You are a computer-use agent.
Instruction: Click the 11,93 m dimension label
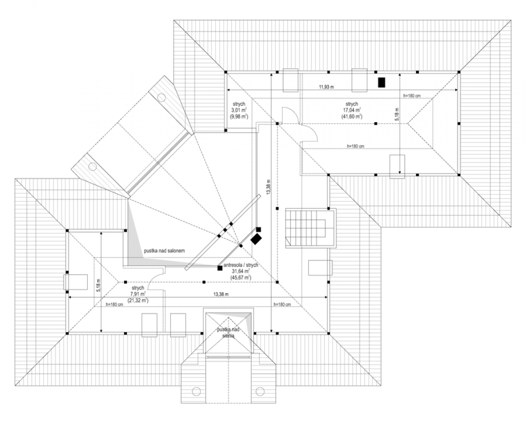tap(326, 87)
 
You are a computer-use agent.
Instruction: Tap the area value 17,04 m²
tap(352, 110)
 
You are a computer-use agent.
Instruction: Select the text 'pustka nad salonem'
tap(164, 251)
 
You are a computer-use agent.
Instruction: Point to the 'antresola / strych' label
tap(241, 265)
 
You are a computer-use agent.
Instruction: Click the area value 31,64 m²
tap(241, 271)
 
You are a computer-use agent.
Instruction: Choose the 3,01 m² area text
tap(239, 110)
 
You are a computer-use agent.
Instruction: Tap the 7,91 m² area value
tap(138, 294)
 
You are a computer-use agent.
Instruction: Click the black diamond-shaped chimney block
tap(256, 239)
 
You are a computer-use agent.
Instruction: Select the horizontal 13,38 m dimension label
tap(221, 294)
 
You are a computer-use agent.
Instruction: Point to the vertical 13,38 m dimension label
tap(269, 187)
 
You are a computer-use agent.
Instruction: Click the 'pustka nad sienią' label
tap(228, 332)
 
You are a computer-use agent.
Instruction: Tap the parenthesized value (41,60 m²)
tap(352, 117)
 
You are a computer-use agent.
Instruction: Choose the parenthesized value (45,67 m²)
tap(241, 277)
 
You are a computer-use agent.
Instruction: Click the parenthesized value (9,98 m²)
tap(239, 117)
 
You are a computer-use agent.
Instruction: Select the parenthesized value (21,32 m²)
tap(138, 300)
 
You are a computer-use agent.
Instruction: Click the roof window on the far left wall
tap(75, 282)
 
